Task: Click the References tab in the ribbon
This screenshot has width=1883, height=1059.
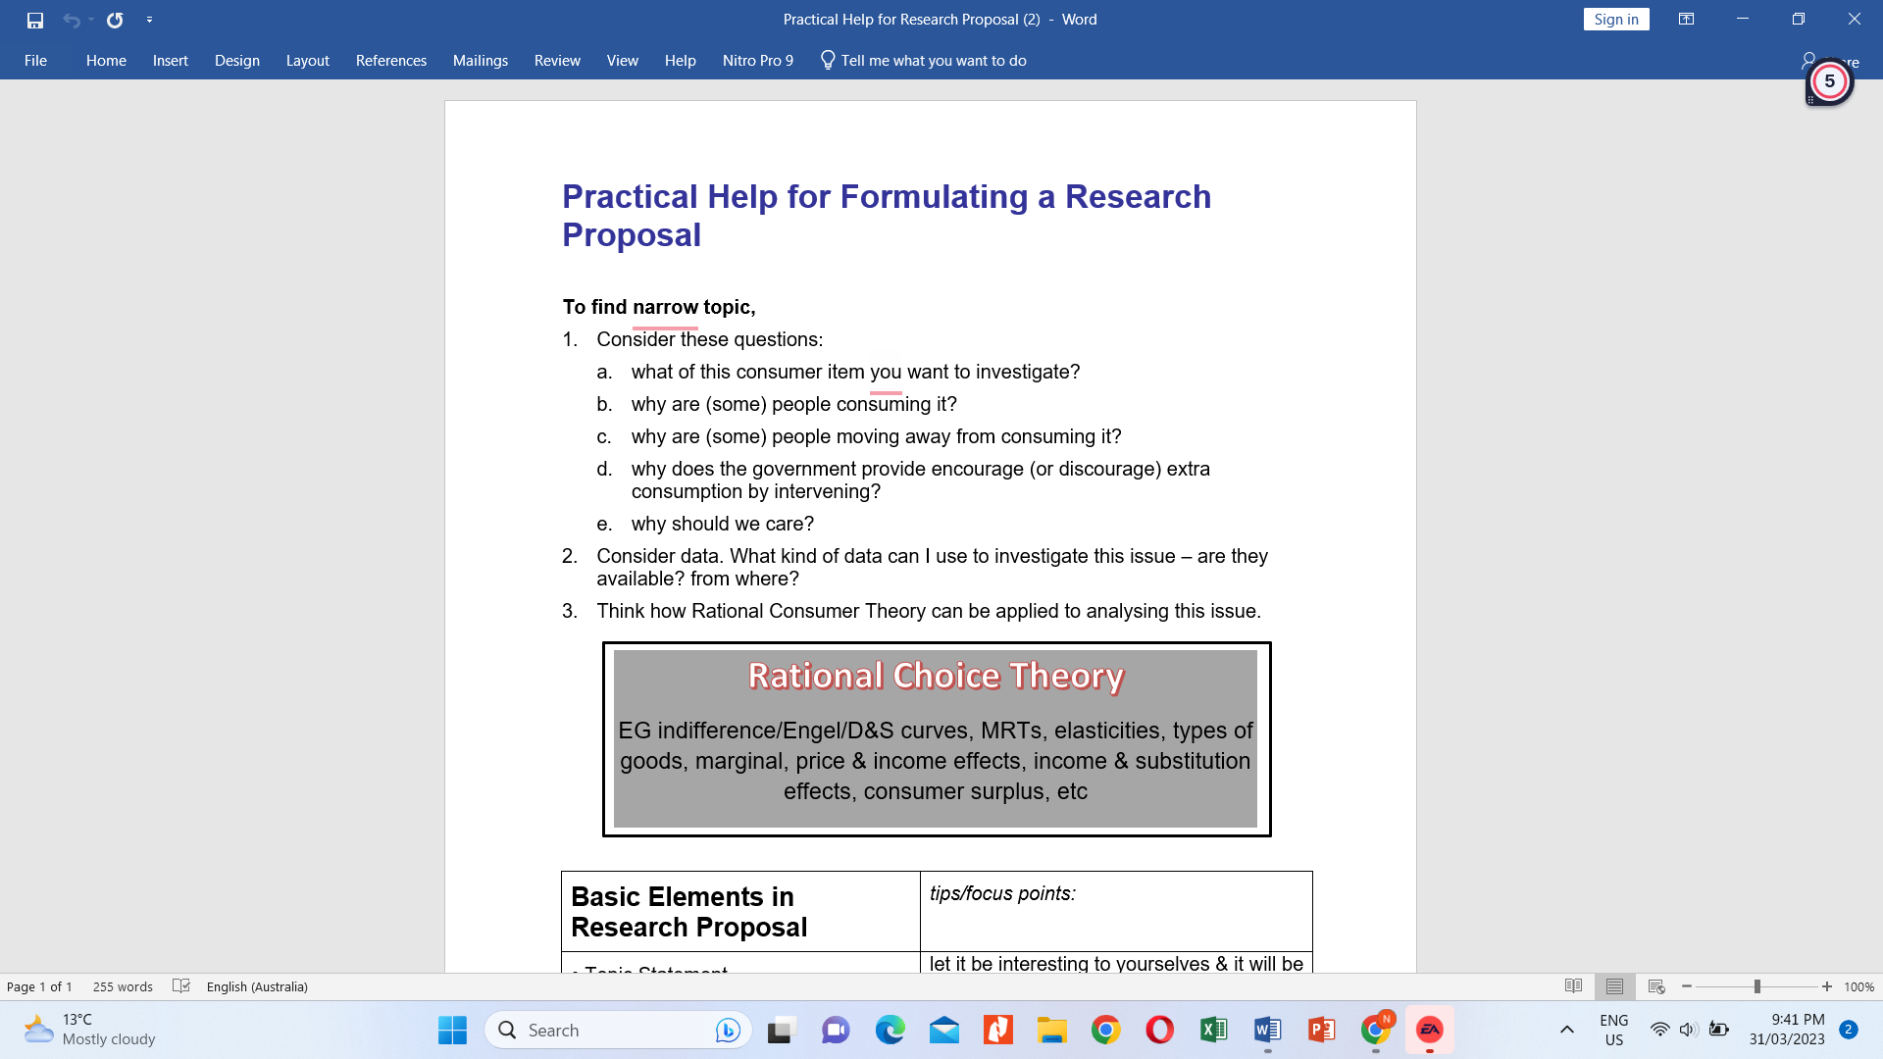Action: tap(390, 61)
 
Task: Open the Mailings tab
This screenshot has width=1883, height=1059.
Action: tap(480, 61)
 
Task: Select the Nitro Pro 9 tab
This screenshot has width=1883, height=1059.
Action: tap(757, 61)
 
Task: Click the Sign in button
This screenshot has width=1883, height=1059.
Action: tap(1615, 20)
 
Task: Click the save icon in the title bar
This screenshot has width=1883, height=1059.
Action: tap(35, 20)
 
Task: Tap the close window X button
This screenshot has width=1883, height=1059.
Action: tap(1854, 20)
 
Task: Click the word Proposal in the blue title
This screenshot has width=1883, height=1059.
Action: tap(632, 235)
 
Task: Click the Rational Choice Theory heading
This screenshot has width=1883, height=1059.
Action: tap(936, 676)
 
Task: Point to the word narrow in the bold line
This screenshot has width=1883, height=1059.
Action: tap(665, 307)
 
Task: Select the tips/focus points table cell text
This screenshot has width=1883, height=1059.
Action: tap(1002, 893)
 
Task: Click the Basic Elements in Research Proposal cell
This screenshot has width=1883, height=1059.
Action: tap(688, 912)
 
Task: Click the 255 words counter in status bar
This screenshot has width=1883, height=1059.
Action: tap(123, 986)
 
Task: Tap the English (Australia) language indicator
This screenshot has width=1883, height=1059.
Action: tap(257, 986)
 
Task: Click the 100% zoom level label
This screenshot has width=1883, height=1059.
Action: tap(1858, 986)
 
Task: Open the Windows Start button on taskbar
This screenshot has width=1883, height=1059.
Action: tap(452, 1030)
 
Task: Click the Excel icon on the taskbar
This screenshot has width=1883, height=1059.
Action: tap(1213, 1030)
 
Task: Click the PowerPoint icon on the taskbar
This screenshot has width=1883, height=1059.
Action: tap(1321, 1030)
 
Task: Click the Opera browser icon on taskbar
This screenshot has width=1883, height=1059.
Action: tap(1159, 1030)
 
